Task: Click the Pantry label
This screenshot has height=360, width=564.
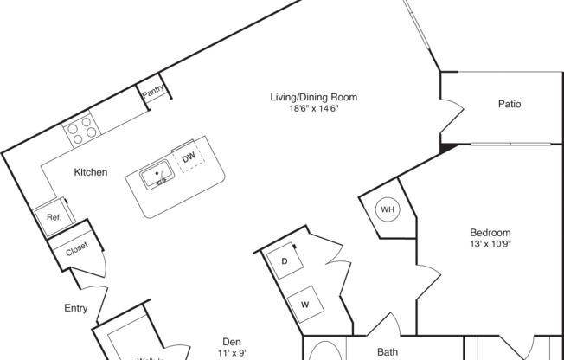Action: tap(154, 90)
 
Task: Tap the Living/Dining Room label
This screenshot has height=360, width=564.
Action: tap(313, 97)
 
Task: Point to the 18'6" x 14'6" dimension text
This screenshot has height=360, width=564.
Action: tap(313, 108)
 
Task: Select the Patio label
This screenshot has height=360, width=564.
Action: tap(510, 104)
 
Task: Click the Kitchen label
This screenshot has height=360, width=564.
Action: tap(90, 172)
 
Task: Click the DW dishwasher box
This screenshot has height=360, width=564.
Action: tap(188, 157)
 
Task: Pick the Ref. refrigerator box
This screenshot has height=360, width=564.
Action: tap(53, 218)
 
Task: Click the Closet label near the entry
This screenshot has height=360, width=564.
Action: tap(75, 252)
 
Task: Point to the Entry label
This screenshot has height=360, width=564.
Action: tap(75, 307)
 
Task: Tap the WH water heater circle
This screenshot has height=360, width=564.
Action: tap(388, 209)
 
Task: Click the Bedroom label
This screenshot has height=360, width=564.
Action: tap(490, 232)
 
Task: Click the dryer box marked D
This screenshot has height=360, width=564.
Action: tap(284, 260)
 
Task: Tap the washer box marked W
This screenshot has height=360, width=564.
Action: tap(305, 304)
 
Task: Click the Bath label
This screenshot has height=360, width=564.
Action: tap(387, 351)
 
